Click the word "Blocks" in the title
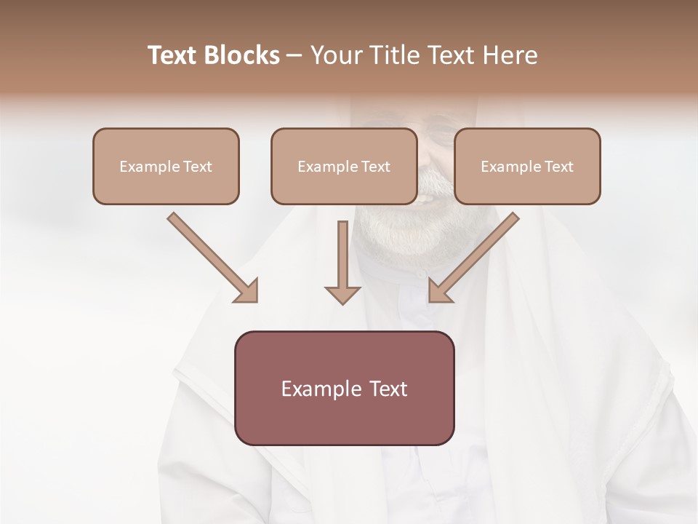click(x=243, y=55)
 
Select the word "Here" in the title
click(x=513, y=55)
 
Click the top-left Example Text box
click(x=166, y=167)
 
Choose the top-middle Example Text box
click(x=344, y=167)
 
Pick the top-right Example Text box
click(x=527, y=167)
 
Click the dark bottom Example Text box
click(x=344, y=389)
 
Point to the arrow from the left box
click(x=211, y=256)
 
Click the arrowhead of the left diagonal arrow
click(x=247, y=292)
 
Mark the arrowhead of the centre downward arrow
click(x=342, y=293)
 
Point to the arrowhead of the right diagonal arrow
click(x=439, y=292)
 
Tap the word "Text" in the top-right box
click(x=558, y=167)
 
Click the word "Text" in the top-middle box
click(x=375, y=167)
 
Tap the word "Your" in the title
click(x=334, y=55)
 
